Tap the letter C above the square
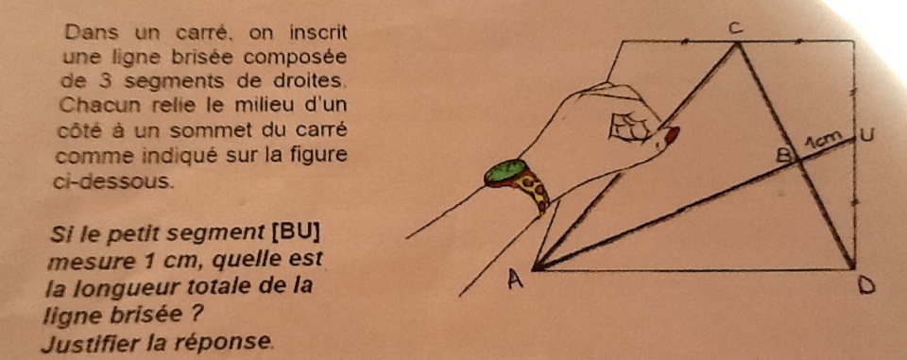[x=735, y=30]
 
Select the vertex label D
[x=866, y=285]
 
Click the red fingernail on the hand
[x=672, y=135]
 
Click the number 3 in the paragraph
[x=104, y=81]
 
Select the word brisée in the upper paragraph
[x=206, y=58]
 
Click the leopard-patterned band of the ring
[x=532, y=191]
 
